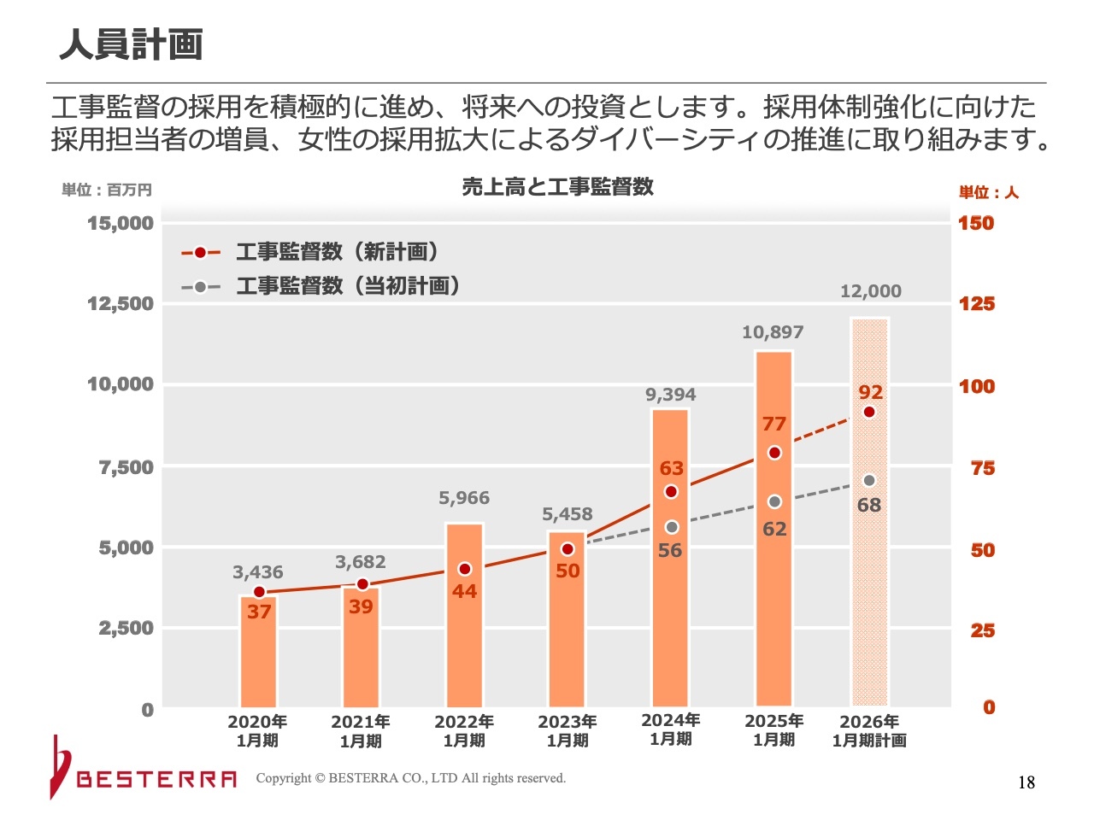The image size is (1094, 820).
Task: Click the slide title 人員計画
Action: click(x=131, y=44)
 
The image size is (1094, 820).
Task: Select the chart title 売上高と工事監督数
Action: click(x=557, y=187)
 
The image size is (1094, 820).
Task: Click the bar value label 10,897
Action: click(x=773, y=332)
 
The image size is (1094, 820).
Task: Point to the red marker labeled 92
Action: click(x=869, y=412)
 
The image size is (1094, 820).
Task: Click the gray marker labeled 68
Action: click(x=869, y=481)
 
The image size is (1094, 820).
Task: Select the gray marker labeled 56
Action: click(x=672, y=527)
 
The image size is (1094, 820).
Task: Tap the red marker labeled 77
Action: click(x=774, y=453)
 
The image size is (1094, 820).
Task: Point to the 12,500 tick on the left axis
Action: click(x=121, y=304)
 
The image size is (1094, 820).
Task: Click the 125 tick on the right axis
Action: click(x=976, y=304)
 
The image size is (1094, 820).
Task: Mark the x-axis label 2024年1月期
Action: click(x=671, y=729)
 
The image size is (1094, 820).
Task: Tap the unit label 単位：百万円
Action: click(x=107, y=190)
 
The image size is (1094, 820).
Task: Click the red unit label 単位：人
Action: click(x=989, y=192)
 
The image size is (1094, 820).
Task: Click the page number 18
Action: click(x=1026, y=782)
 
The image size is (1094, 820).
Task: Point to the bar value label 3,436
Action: click(x=258, y=572)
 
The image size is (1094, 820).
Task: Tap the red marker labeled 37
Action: click(x=260, y=592)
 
